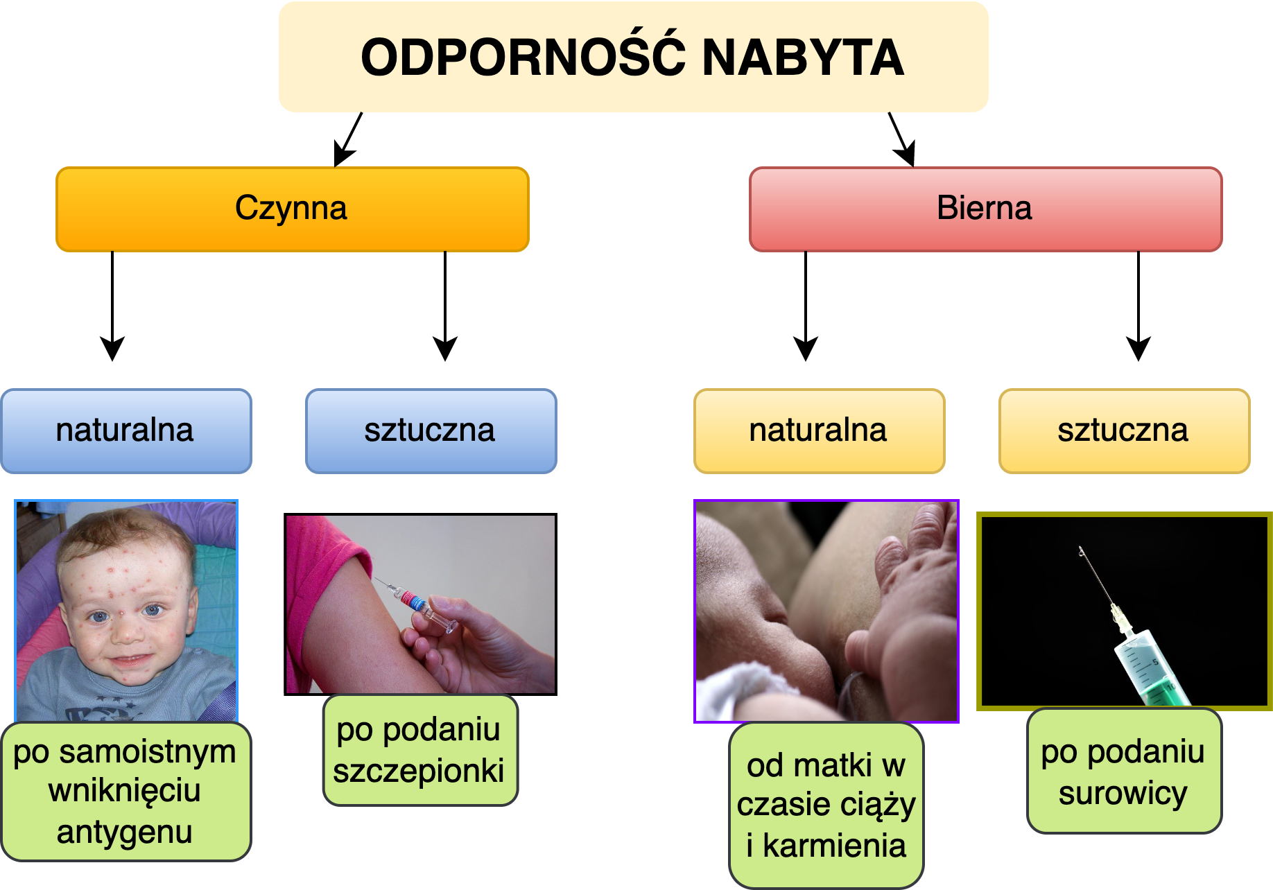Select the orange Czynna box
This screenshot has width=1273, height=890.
tap(292, 209)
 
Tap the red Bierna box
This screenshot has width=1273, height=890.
tap(985, 209)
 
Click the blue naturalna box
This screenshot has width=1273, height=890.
tap(125, 430)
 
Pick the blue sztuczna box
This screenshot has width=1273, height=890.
tap(431, 430)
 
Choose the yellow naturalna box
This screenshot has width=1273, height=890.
tap(819, 430)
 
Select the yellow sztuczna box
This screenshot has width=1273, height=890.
tap(1124, 430)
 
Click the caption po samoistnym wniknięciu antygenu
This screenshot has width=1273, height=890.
tap(125, 792)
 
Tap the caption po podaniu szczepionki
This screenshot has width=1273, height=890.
tap(419, 750)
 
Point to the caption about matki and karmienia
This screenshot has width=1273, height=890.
tap(826, 805)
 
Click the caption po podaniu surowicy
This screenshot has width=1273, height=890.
tap(1123, 771)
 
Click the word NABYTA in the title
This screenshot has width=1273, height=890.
tap(803, 58)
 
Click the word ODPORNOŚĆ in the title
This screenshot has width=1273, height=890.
tap(523, 58)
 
